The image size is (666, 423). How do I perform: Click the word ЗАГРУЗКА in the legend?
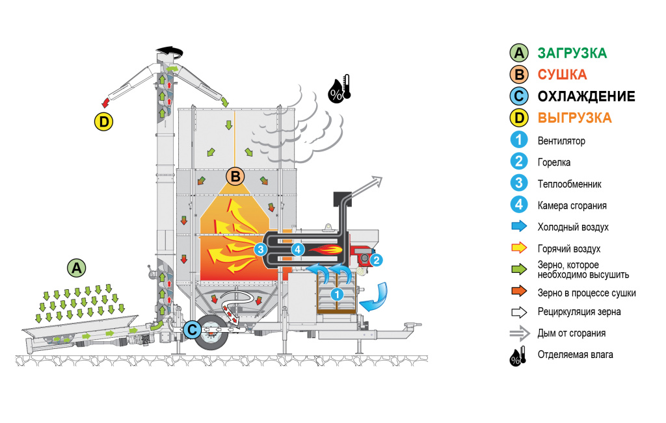[572, 53]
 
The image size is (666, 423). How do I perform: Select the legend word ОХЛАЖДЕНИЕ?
[586, 97]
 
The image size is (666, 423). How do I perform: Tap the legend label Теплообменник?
[569, 184]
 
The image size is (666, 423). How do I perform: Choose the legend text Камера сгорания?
[572, 205]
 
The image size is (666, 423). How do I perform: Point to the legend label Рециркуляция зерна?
[579, 312]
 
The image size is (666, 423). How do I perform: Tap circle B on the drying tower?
[235, 175]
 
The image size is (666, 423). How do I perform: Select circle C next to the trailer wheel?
[192, 329]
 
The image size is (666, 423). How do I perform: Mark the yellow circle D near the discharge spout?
[103, 121]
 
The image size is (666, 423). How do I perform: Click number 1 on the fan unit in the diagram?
[337, 294]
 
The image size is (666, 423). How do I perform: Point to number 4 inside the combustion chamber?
[298, 248]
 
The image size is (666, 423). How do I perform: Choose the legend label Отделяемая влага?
[575, 355]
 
